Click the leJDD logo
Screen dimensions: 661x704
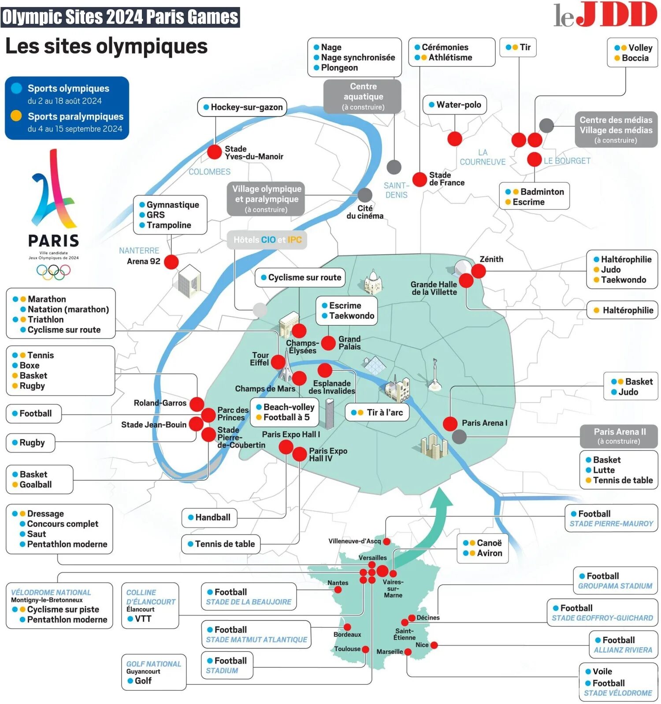[x=605, y=15]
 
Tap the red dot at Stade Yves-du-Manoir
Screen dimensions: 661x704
[x=215, y=152]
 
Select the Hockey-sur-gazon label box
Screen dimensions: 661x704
[x=242, y=107]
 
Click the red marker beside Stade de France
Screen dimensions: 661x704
[x=420, y=179]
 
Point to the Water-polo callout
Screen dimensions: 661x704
[x=454, y=105]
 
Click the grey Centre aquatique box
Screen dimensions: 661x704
[x=363, y=96]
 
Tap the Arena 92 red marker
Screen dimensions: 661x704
[x=171, y=262]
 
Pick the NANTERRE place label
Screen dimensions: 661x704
[x=139, y=250]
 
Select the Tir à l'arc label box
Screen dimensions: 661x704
[x=377, y=412]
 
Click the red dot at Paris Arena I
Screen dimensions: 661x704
[x=450, y=424]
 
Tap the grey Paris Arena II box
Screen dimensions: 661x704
[x=619, y=436]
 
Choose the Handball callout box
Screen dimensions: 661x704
[x=209, y=518]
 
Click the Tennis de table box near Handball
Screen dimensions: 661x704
[x=221, y=544]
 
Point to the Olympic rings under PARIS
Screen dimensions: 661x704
[x=53, y=272]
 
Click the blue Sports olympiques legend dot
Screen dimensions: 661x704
[x=16, y=88]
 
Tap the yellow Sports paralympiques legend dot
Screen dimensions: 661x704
[x=16, y=116]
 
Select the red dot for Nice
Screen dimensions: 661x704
[x=434, y=645]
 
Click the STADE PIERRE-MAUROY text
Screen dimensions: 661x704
[x=611, y=524]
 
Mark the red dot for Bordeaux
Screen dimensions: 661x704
[x=347, y=627]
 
